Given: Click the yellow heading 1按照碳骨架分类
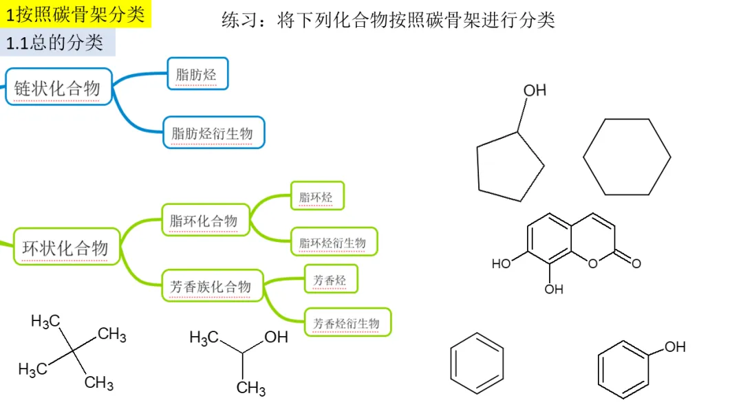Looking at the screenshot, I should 76,14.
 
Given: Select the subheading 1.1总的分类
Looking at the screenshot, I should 58,43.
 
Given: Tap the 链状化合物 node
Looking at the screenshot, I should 58,87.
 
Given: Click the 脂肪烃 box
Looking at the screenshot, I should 197,74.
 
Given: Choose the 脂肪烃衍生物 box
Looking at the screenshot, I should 213,133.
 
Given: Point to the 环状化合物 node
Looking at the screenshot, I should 66,247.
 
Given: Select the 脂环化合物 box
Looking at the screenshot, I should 204,220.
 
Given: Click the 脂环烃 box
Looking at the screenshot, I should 316,197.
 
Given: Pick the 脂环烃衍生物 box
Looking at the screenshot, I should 333,242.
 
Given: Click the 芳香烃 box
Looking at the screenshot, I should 330,280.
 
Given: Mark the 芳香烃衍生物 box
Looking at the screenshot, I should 347,322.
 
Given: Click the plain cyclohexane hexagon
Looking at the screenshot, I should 627,157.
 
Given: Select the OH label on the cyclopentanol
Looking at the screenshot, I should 535,91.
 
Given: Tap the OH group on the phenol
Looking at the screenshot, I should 675,346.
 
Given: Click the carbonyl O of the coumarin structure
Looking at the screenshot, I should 636,263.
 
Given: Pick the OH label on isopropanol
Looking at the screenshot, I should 276,337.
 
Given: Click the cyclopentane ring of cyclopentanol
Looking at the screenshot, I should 510,168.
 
